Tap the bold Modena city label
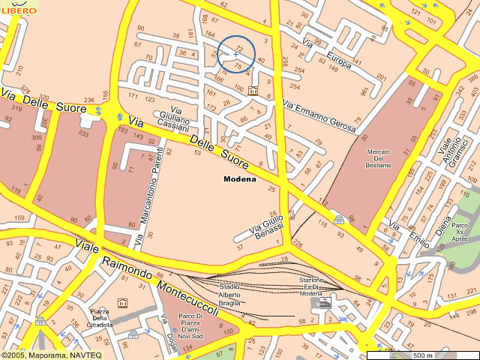[240, 179]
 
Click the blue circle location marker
[235, 54]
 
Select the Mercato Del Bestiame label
[379, 158]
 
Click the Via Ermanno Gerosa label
[319, 115]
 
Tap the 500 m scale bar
[422, 355]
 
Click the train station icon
[325, 302]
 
